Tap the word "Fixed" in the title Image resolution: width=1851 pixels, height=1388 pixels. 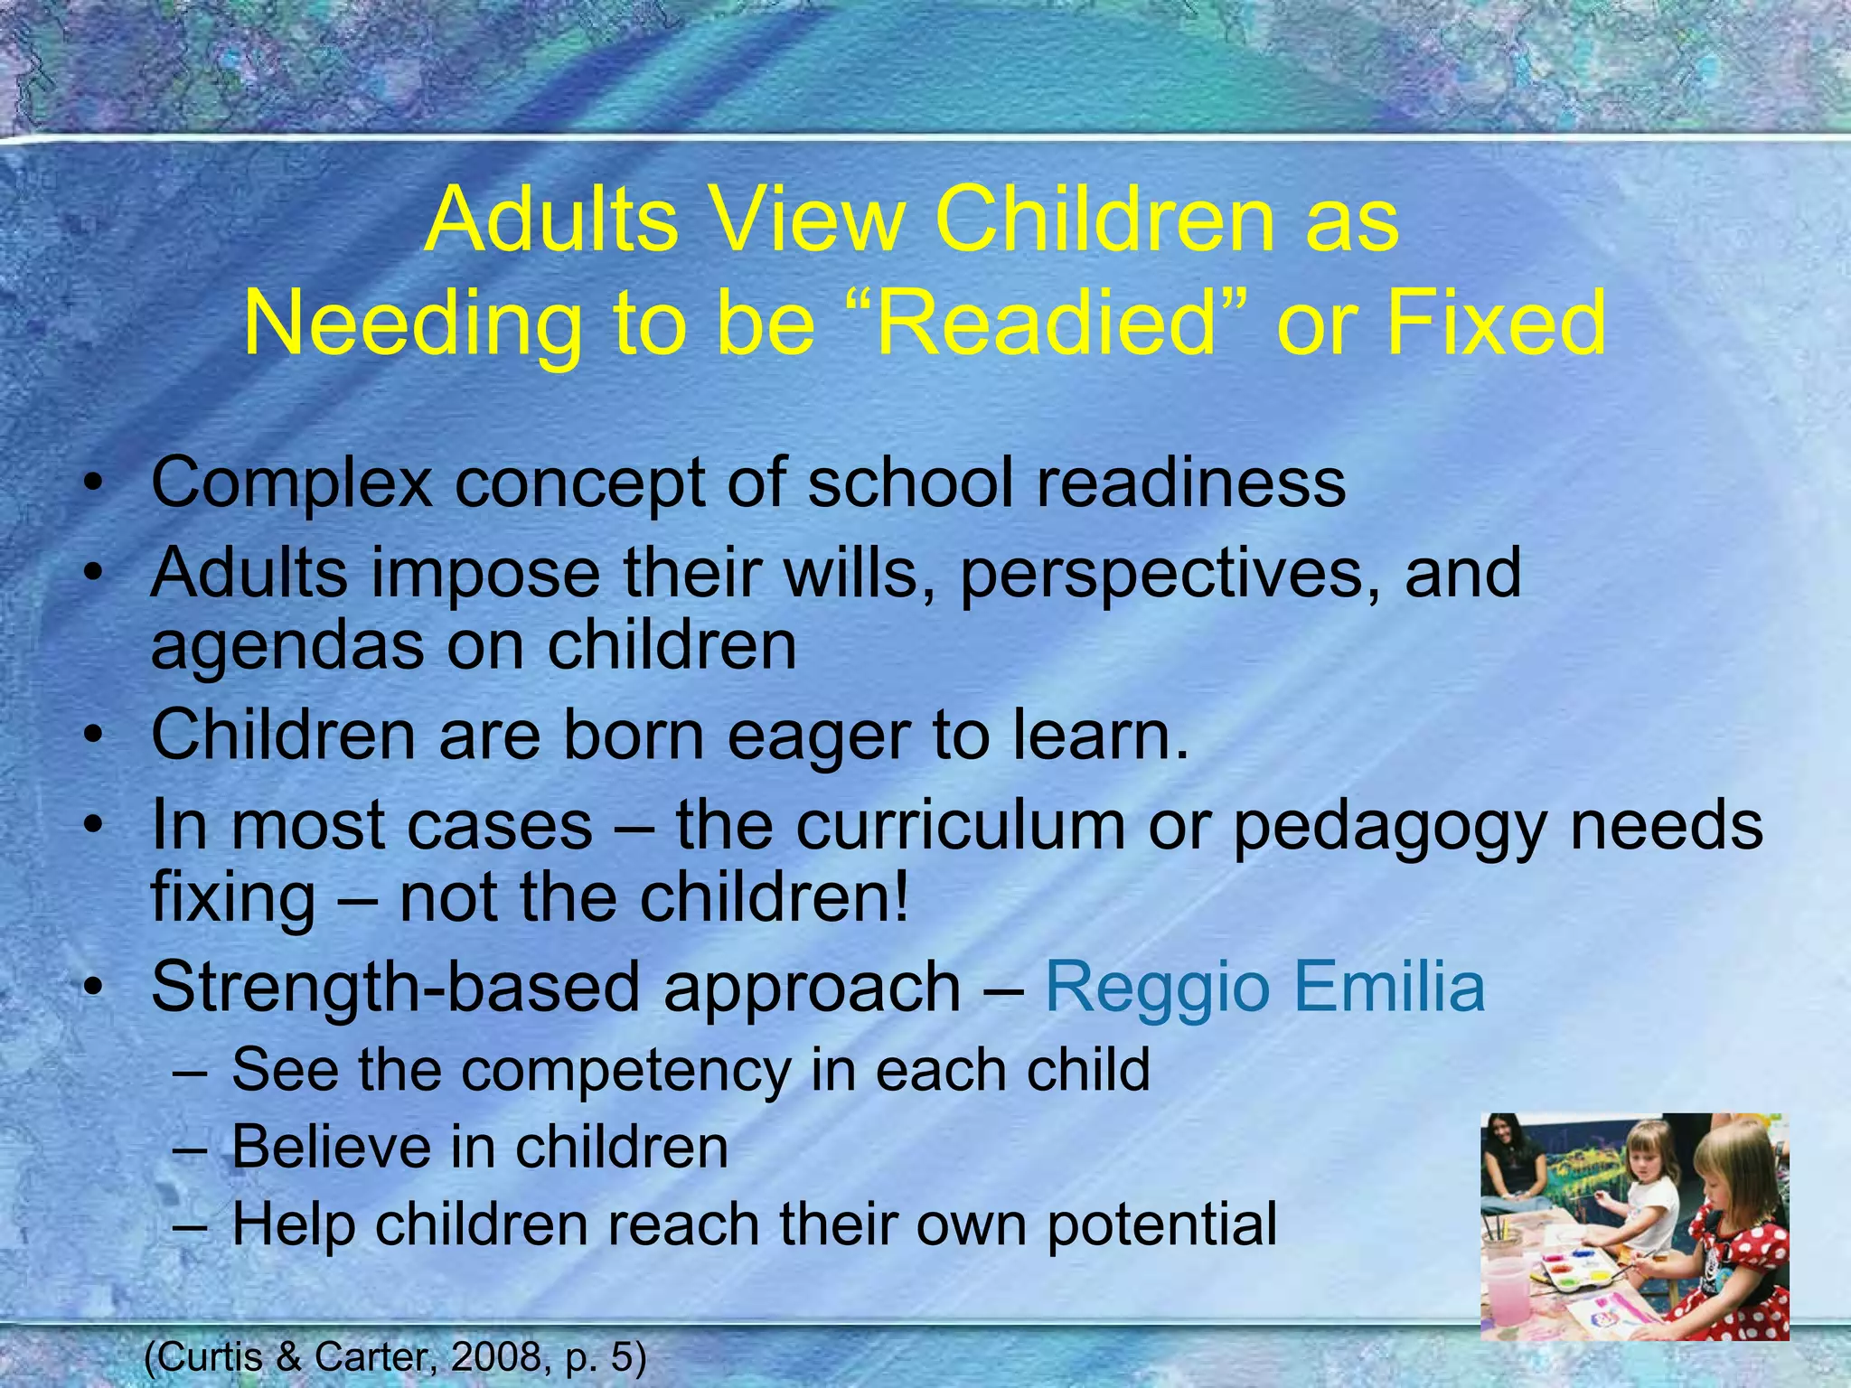pos(1496,324)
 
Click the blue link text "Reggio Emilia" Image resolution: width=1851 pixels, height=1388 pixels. pos(1264,987)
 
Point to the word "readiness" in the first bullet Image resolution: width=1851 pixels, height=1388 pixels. pos(1190,483)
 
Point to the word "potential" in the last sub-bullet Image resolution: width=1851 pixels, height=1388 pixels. pos(1162,1225)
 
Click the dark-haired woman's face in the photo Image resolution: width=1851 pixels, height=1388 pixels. pos(1519,1144)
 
